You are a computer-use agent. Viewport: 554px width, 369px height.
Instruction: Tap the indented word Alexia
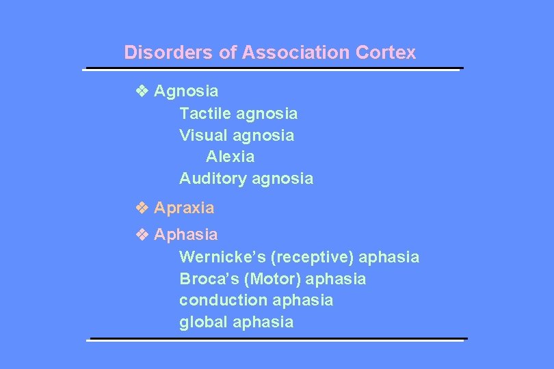pyautogui.click(x=230, y=156)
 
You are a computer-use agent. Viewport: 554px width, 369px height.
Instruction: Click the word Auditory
pyautogui.click(x=213, y=179)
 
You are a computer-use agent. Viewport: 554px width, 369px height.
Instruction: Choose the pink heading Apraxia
pyautogui.click(x=184, y=207)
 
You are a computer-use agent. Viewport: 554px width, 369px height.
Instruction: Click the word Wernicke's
pyautogui.click(x=222, y=257)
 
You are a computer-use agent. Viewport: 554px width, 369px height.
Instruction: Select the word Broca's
pyautogui.click(x=207, y=279)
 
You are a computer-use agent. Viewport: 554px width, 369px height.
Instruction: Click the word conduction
pyautogui.click(x=224, y=300)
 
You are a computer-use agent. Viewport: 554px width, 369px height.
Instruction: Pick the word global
pyautogui.click(x=203, y=322)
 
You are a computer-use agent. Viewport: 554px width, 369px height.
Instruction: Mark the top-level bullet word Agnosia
pyautogui.click(x=187, y=90)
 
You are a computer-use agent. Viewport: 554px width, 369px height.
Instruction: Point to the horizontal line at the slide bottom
pyautogui.click(x=278, y=339)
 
